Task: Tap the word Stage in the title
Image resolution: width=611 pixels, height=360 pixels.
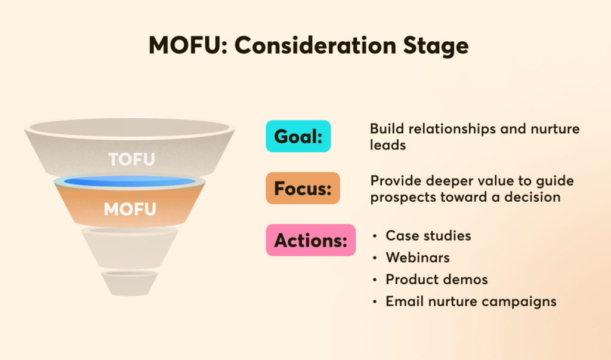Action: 436,47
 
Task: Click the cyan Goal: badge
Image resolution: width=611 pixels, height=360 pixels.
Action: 298,136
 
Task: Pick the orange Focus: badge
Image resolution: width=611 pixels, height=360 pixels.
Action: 303,188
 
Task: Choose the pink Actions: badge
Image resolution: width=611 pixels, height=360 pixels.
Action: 310,240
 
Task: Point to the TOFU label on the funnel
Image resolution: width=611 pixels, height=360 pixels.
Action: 132,159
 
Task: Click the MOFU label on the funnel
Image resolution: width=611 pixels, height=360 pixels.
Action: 129,210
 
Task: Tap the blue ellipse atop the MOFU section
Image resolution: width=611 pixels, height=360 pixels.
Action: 129,181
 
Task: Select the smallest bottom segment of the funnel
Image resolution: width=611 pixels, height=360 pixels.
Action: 129,283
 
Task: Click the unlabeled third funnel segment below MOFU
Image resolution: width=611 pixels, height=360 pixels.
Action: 129,247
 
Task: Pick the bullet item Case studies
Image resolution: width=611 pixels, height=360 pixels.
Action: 428,236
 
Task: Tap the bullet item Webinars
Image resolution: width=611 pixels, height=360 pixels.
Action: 417,257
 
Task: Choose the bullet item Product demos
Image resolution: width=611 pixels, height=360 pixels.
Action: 436,279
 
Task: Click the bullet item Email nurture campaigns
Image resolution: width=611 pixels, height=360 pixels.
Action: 471,301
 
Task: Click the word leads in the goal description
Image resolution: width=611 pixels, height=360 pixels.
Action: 388,145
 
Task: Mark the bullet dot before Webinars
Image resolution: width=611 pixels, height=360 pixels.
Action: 375,258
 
